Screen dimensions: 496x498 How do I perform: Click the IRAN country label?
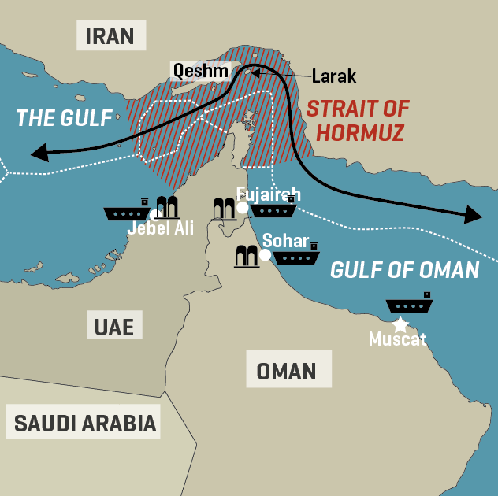[110, 35]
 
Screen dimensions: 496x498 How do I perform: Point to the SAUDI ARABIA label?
[86, 423]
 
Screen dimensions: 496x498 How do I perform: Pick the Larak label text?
[334, 76]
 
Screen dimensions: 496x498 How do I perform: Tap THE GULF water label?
[65, 118]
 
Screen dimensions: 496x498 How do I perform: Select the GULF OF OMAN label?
[405, 270]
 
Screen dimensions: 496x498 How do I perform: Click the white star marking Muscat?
[400, 324]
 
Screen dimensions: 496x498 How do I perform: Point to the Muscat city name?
[398, 340]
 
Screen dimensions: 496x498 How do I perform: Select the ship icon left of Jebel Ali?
[127, 211]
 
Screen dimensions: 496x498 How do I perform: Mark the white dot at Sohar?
[265, 254]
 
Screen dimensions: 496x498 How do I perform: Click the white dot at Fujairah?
[243, 208]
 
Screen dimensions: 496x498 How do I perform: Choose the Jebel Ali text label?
[161, 228]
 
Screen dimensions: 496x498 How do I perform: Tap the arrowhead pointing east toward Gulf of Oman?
[474, 214]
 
